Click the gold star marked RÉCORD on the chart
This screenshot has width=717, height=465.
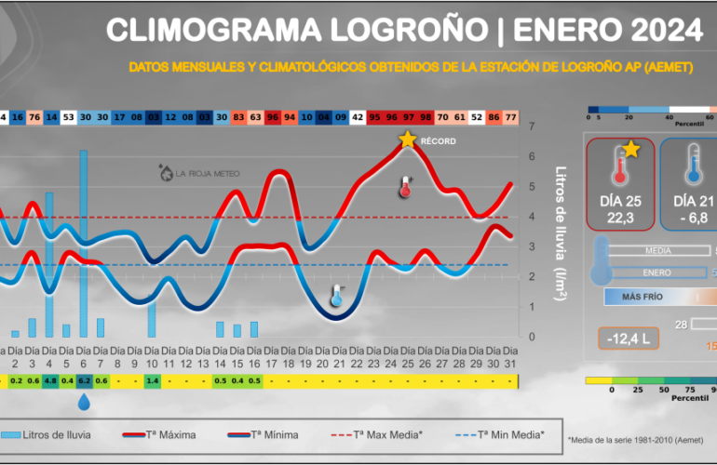pyautogui.click(x=407, y=139)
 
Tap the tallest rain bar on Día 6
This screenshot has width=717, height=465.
pyautogui.click(x=83, y=242)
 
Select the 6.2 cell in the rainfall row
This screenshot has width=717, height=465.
pyautogui.click(x=84, y=380)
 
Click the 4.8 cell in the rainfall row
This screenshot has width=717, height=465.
pyautogui.click(x=49, y=380)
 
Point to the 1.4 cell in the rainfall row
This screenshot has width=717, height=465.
pyautogui.click(x=152, y=380)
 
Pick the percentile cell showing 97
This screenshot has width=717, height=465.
pyautogui.click(x=408, y=118)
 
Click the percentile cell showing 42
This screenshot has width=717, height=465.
pyautogui.click(x=357, y=118)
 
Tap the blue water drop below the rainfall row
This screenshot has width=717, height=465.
pyautogui.click(x=84, y=402)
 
